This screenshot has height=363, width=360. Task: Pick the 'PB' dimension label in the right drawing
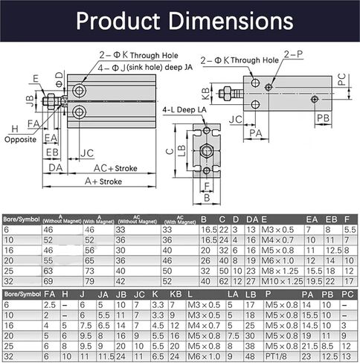[322, 118]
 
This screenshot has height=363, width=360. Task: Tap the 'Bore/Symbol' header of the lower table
[21, 295]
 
